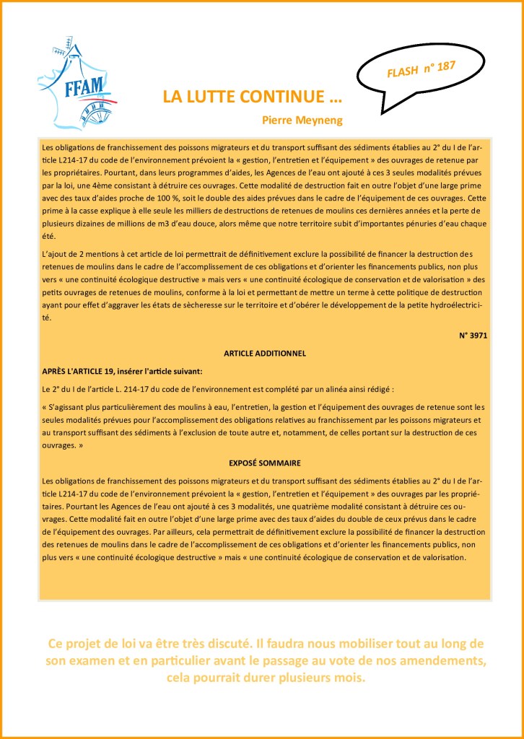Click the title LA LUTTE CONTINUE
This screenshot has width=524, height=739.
(x=252, y=97)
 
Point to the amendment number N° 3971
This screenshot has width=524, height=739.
(x=473, y=336)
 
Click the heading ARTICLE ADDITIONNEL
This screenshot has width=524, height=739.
(x=265, y=354)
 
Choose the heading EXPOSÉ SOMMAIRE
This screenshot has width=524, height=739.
(x=265, y=462)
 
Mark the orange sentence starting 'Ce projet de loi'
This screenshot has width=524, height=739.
(x=265, y=643)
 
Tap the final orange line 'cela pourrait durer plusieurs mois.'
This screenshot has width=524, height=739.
(x=265, y=678)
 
